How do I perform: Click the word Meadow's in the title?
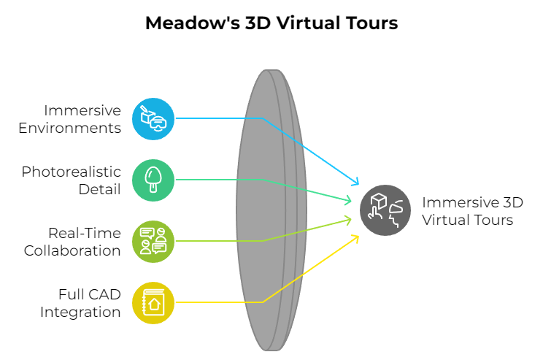click(193, 23)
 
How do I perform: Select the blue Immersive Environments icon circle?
click(153, 119)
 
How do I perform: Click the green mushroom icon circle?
click(153, 180)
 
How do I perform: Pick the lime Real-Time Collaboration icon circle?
click(153, 242)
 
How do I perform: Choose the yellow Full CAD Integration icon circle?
click(153, 303)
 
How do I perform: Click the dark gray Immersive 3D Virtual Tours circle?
click(385, 210)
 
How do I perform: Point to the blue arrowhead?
click(355, 182)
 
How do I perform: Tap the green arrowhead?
click(347, 200)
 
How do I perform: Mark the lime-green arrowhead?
click(347, 220)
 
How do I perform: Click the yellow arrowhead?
click(355, 239)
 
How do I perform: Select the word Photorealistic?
click(71, 172)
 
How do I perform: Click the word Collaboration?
click(72, 250)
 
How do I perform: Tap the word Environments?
click(69, 128)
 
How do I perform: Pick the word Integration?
click(80, 312)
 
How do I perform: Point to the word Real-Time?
click(85, 233)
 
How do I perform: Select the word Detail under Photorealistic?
click(100, 189)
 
